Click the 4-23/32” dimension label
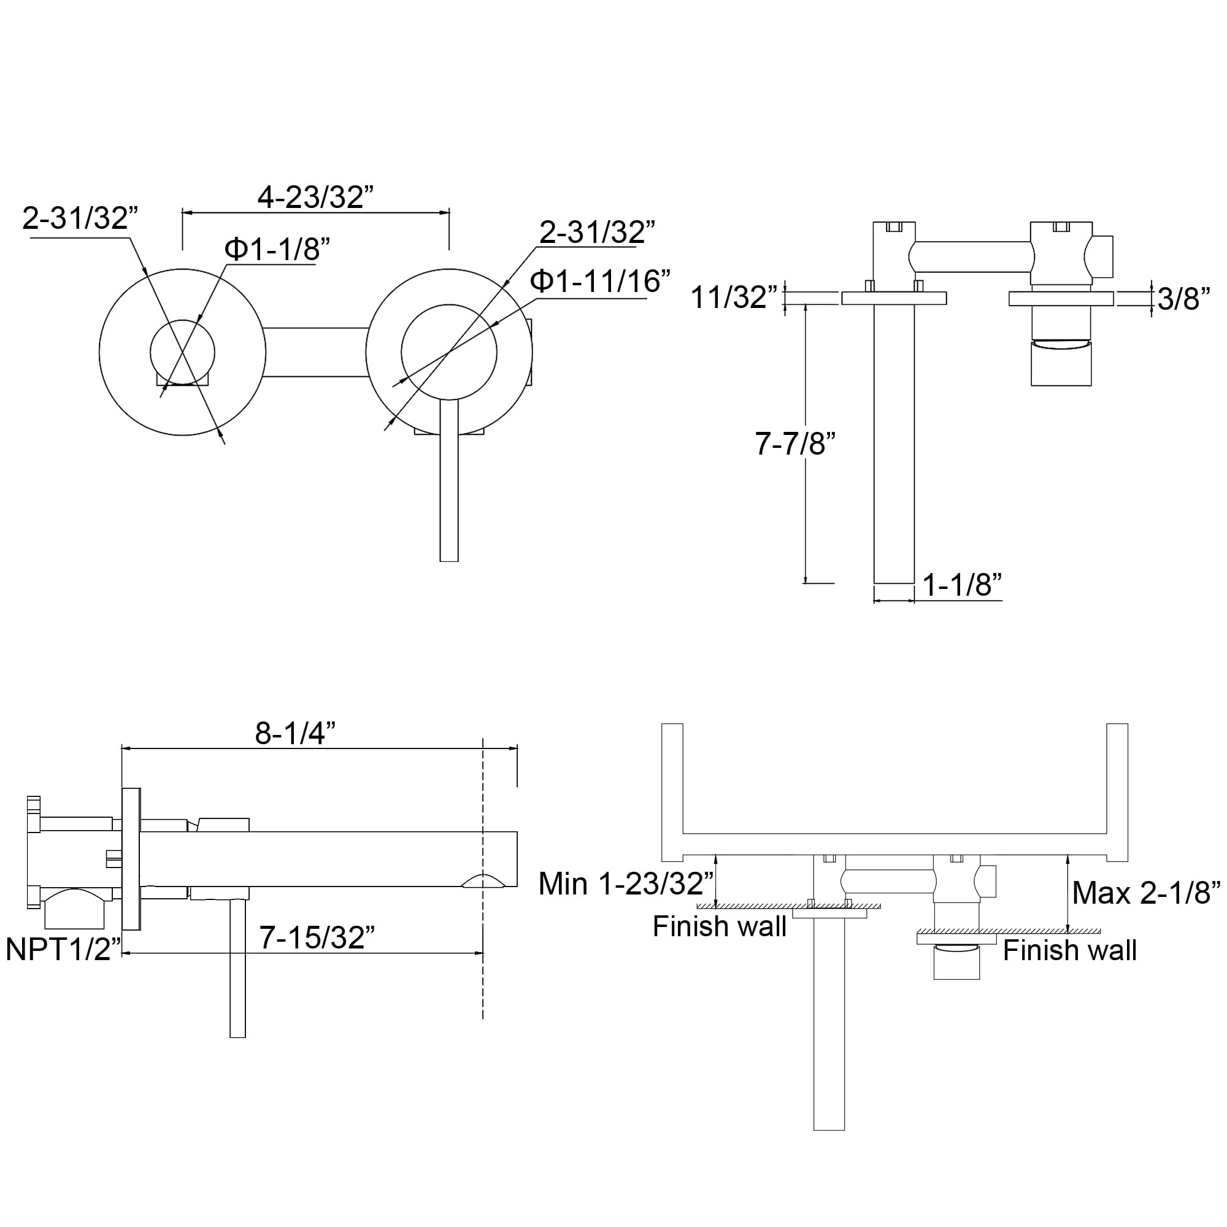(315, 197)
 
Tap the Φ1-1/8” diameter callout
(277, 249)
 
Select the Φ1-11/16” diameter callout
(600, 281)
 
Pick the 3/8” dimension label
(1184, 299)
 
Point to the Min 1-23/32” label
(626, 883)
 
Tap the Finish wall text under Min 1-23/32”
(720, 926)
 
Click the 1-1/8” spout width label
(961, 584)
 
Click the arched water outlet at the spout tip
(484, 880)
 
